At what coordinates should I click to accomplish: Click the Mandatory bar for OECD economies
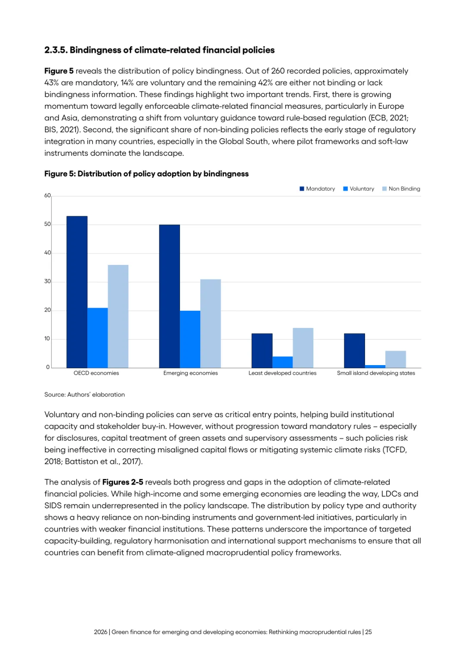tap(77, 292)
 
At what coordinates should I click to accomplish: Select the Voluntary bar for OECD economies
tap(98, 338)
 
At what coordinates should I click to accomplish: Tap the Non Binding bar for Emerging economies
tap(211, 323)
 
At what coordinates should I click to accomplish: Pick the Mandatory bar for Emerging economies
tap(170, 296)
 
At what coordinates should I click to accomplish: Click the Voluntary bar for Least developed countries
tap(283, 362)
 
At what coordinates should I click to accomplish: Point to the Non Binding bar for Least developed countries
tap(303, 348)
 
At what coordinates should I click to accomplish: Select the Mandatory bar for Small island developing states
tap(355, 351)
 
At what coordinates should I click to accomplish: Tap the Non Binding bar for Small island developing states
tap(396, 359)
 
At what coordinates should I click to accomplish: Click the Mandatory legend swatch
tap(302, 189)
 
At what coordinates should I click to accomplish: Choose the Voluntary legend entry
tap(359, 189)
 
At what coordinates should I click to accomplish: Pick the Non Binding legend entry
tap(401, 189)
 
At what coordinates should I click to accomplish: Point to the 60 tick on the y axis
tap(47, 195)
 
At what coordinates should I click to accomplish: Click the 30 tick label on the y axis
tap(47, 281)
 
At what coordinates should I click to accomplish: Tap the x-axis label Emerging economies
tap(191, 373)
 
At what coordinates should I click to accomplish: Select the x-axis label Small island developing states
tap(376, 373)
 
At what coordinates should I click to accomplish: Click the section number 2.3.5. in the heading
tap(56, 50)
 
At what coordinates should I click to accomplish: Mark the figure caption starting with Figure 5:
tap(147, 174)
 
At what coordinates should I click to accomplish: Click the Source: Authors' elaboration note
tap(85, 394)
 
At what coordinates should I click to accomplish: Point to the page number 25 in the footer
tap(368, 632)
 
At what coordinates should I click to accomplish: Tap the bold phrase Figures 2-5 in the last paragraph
tap(123, 482)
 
